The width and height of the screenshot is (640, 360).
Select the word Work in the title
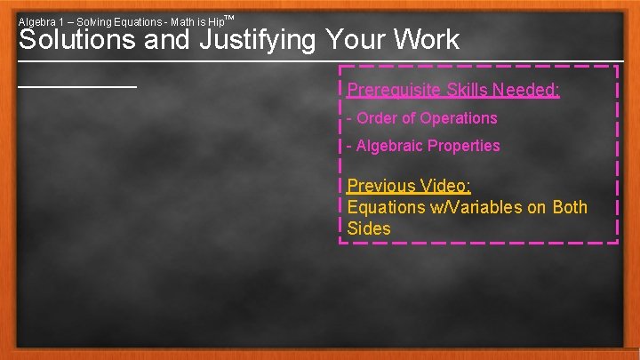428,40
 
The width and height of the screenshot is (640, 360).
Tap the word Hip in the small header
215,20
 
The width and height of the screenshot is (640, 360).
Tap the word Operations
459,118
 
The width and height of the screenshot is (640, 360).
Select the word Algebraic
389,146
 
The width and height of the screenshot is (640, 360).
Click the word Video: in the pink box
446,186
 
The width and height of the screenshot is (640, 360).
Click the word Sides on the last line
369,228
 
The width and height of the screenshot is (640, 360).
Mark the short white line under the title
77,86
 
